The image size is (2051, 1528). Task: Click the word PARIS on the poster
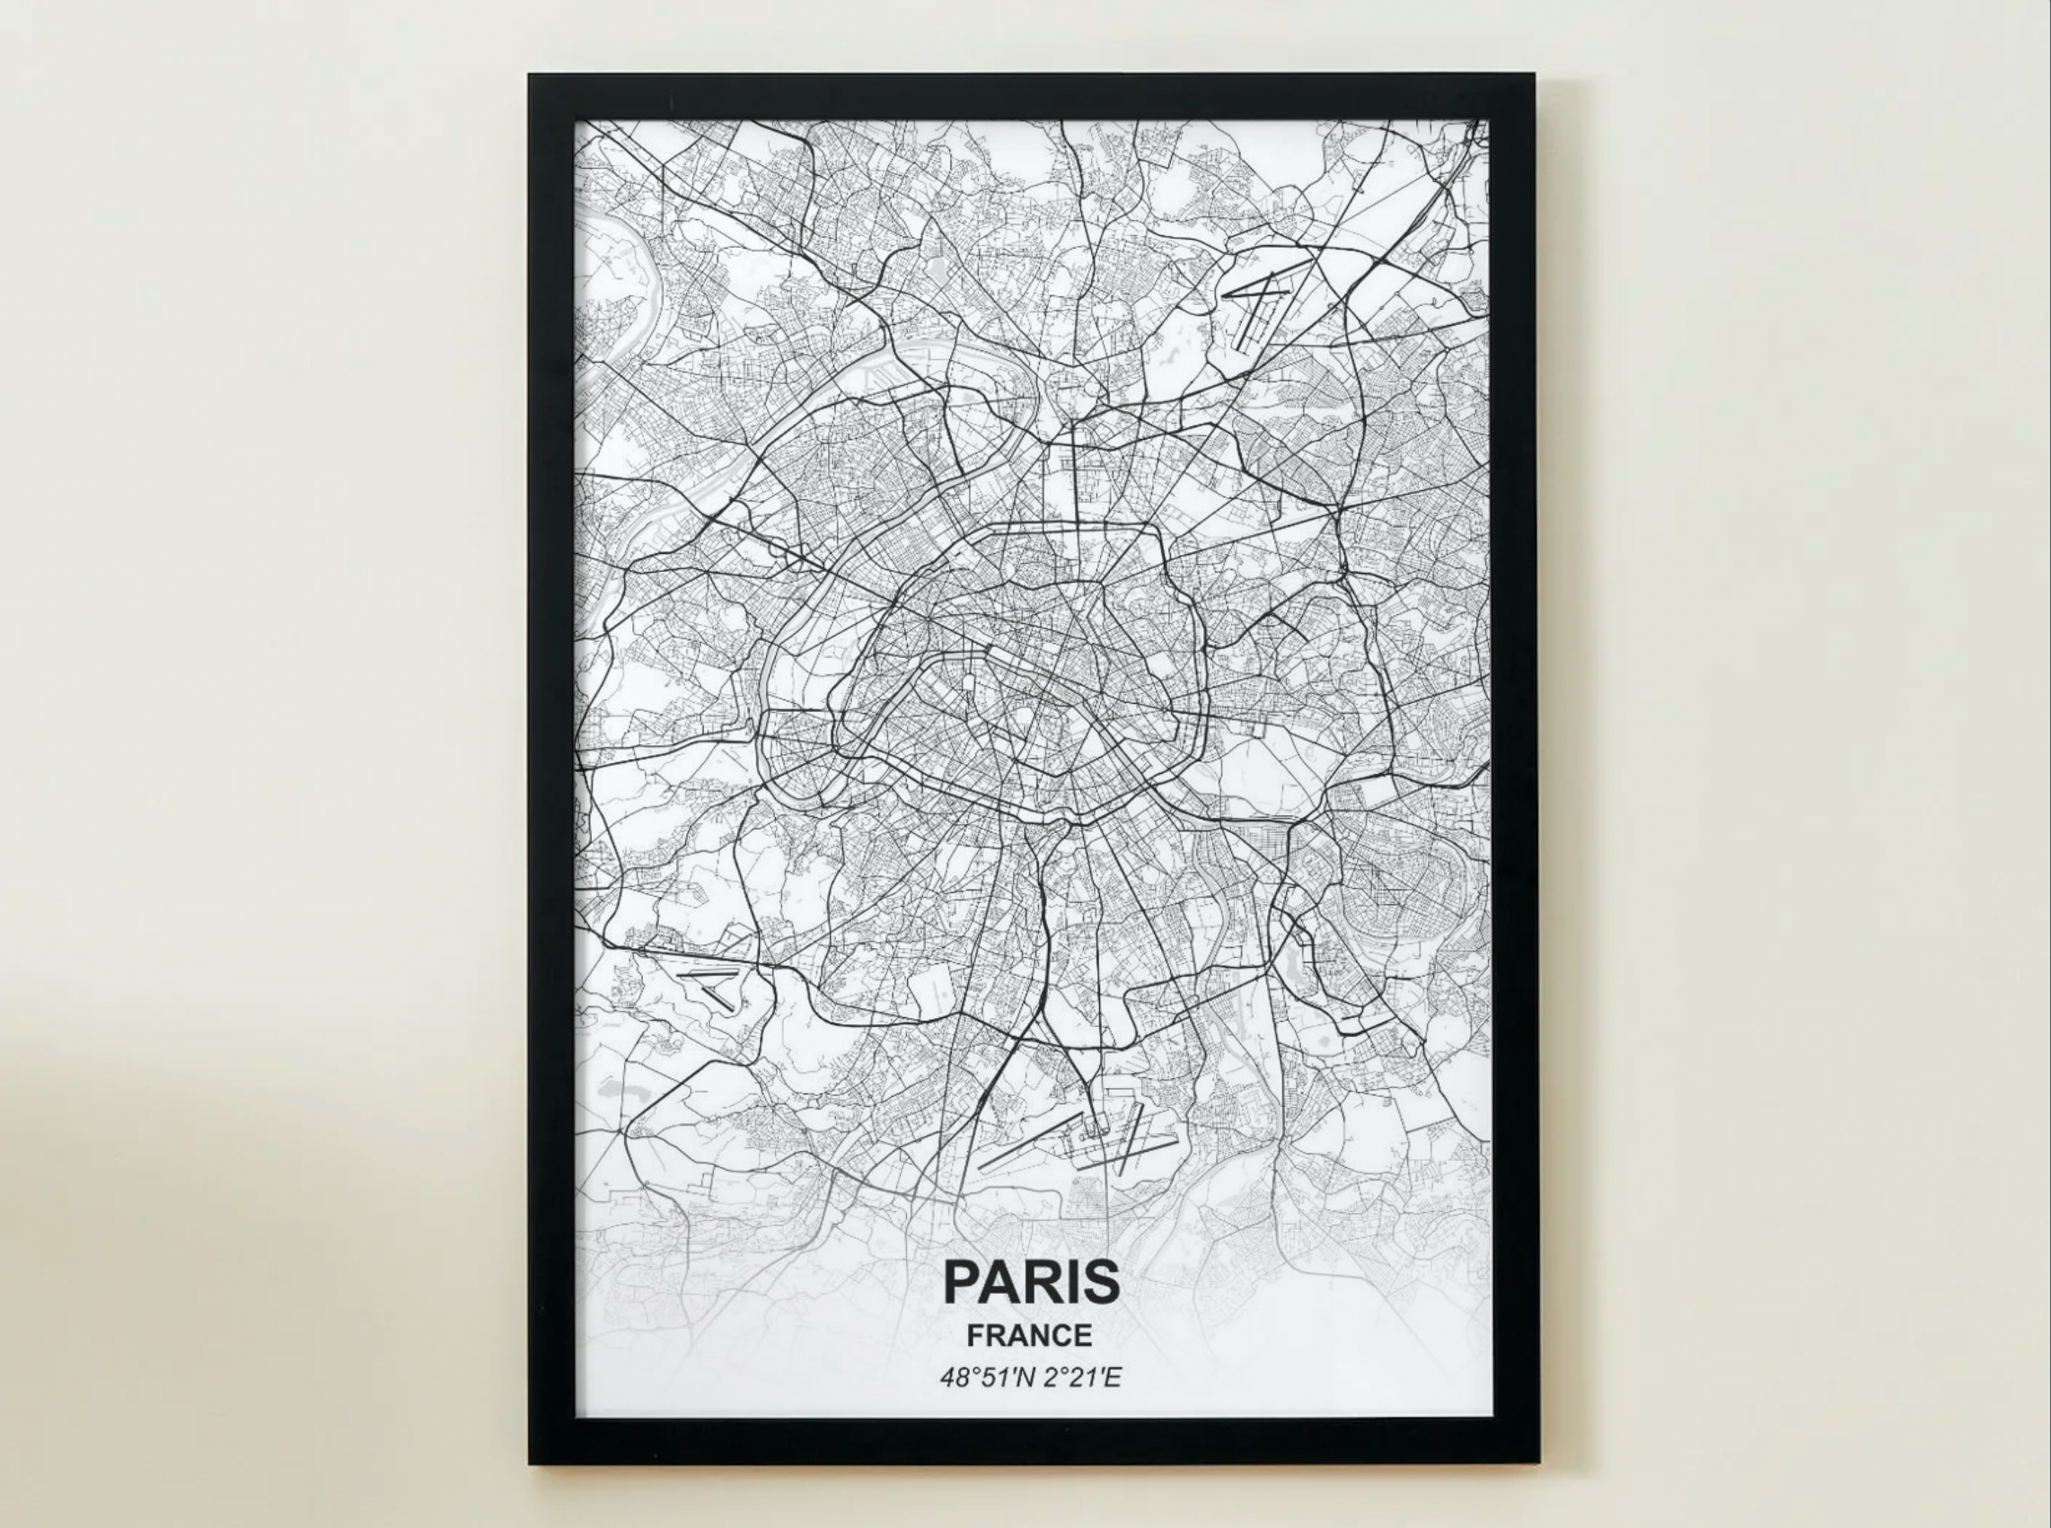click(x=1031, y=1281)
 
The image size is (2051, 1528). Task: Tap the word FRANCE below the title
click(x=1029, y=1336)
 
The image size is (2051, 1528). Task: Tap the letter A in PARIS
click(x=1000, y=1281)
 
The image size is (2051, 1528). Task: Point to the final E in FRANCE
click(x=1083, y=1336)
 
